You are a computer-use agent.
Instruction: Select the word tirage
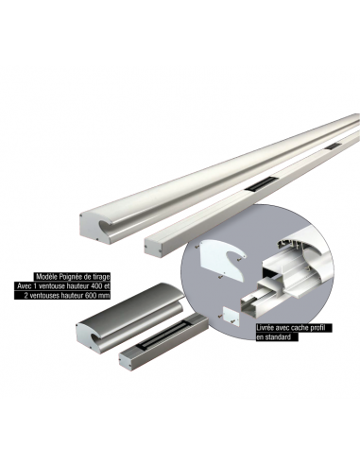tap(102, 277)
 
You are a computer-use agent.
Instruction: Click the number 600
tap(91, 296)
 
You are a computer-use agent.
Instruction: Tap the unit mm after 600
tap(104, 297)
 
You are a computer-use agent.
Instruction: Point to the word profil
tap(316, 328)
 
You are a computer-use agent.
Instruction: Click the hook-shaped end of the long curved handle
tap(96, 228)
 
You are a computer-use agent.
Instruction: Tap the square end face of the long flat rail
tap(154, 248)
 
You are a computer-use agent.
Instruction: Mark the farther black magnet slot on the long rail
tap(332, 146)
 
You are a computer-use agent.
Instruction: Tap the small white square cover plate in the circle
tap(231, 317)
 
